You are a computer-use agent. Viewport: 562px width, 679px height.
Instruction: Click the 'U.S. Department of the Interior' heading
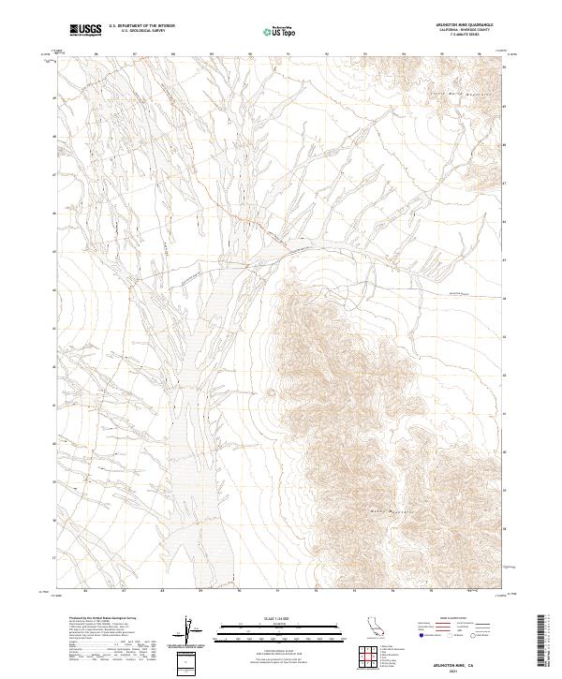point(141,26)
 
